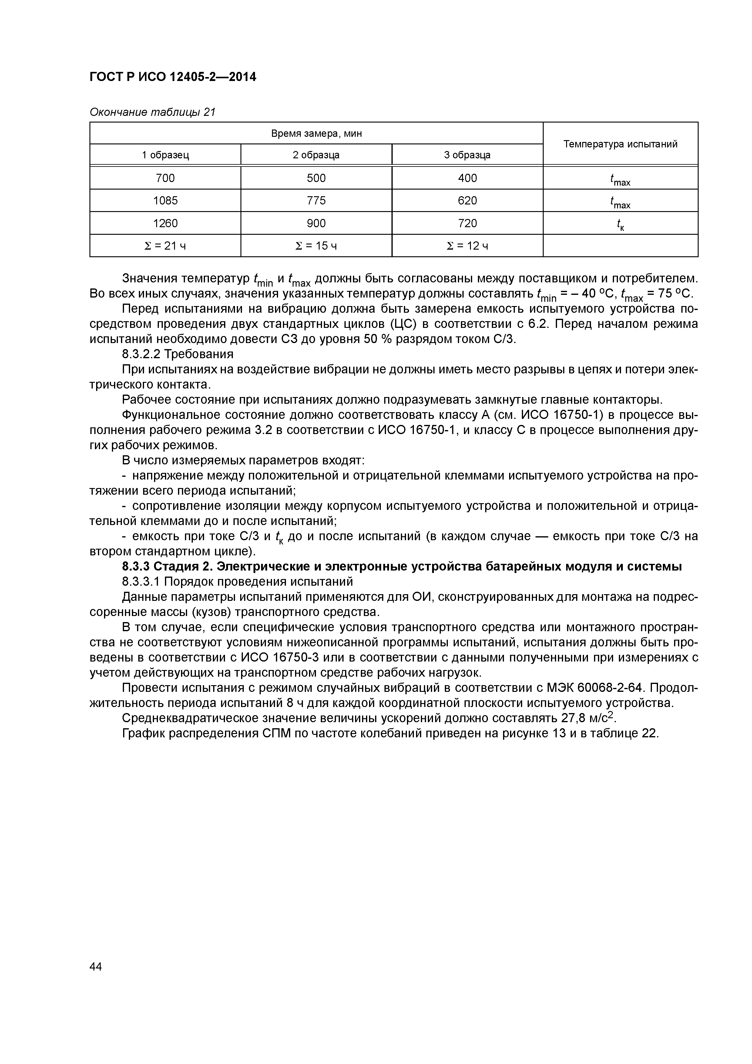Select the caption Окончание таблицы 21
click(x=153, y=112)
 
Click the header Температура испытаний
click(x=620, y=144)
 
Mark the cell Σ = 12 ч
click(x=467, y=246)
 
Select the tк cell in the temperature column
click(x=620, y=224)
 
